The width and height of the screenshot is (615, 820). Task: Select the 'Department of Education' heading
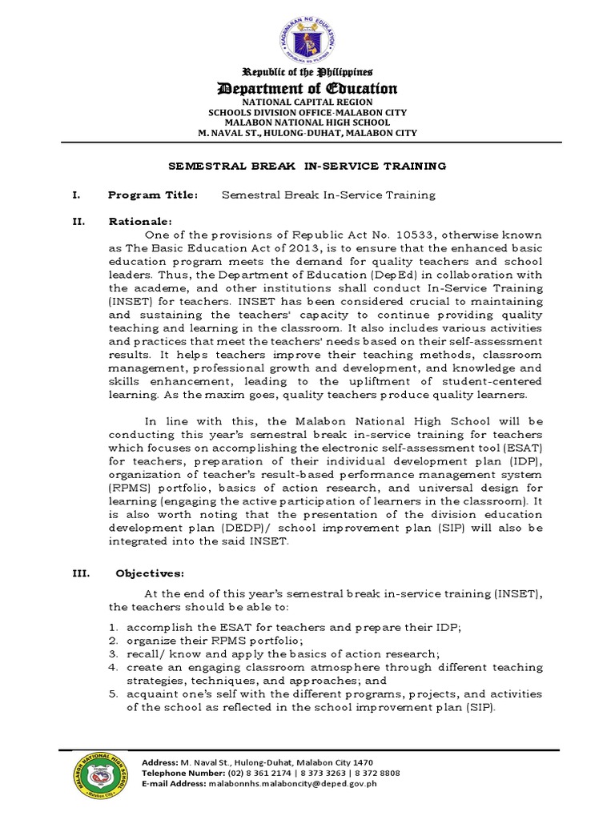tap(307, 88)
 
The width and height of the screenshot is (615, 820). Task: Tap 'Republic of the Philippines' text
tap(307, 72)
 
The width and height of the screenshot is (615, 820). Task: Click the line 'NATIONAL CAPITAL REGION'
tap(307, 102)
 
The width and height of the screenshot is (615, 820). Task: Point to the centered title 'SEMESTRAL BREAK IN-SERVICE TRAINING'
tap(307, 166)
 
